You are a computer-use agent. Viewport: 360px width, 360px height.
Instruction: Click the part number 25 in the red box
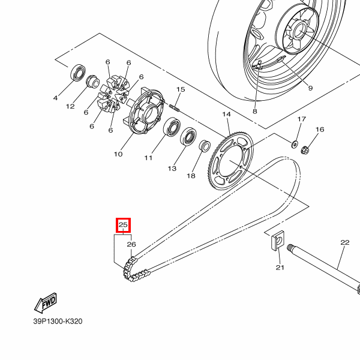pyautogui.click(x=123, y=226)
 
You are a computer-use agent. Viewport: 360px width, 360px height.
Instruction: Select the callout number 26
pyautogui.click(x=131, y=244)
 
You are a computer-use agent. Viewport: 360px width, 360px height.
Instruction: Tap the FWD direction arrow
pyautogui.click(x=46, y=304)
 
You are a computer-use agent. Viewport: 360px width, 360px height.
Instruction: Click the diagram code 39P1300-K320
pyautogui.click(x=58, y=321)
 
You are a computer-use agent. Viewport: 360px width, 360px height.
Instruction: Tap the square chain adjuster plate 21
pyautogui.click(x=275, y=242)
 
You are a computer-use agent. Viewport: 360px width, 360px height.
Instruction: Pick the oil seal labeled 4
pyautogui.click(x=78, y=73)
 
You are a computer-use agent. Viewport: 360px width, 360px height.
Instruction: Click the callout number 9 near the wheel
pyautogui.click(x=310, y=88)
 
